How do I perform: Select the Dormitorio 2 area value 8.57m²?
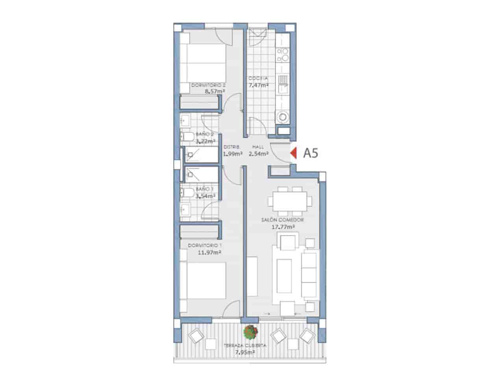215,91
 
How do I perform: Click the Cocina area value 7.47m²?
258,85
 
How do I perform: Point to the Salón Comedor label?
282,220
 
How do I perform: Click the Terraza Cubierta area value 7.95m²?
244,352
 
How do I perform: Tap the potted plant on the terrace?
251,332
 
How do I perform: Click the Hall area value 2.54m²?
258,154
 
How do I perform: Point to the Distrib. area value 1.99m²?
233,154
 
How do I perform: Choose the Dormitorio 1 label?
205,245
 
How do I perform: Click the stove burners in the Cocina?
283,55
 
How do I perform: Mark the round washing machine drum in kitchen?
283,117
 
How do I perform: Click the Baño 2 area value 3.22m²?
206,141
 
